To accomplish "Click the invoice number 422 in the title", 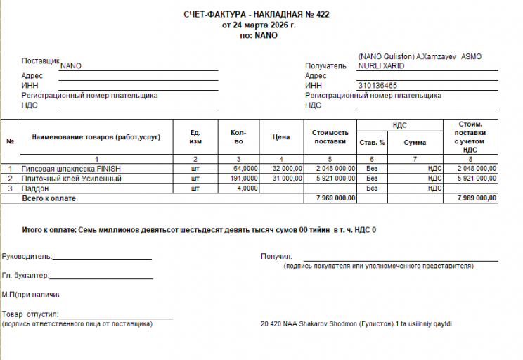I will coord(323,14).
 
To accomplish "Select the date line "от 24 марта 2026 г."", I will coord(259,25).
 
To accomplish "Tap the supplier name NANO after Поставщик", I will coord(71,65).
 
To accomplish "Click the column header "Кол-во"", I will coord(238,136).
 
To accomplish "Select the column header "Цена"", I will coord(281,136).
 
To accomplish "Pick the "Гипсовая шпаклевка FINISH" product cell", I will coord(72,169).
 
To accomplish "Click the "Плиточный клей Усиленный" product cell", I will coord(72,179).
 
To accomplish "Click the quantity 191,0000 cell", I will coord(244,179).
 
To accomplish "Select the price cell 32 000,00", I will coord(287,169).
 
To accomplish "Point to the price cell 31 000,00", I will coord(287,179).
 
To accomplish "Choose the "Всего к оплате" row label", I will coord(49,198).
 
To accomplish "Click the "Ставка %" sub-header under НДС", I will coord(372,143).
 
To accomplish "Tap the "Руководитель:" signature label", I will coord(27,257).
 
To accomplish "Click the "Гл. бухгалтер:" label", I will coord(26,276).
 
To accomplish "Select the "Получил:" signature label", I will coord(276,257).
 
